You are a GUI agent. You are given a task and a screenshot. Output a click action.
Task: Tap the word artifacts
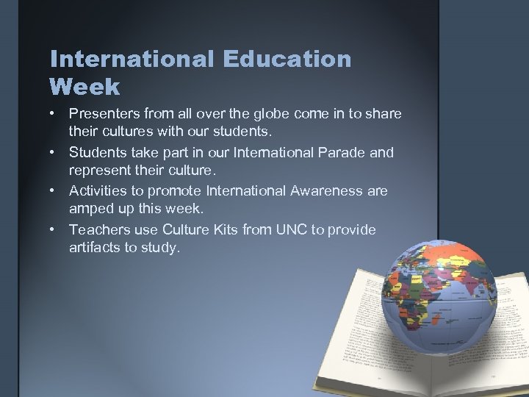pos(95,248)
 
